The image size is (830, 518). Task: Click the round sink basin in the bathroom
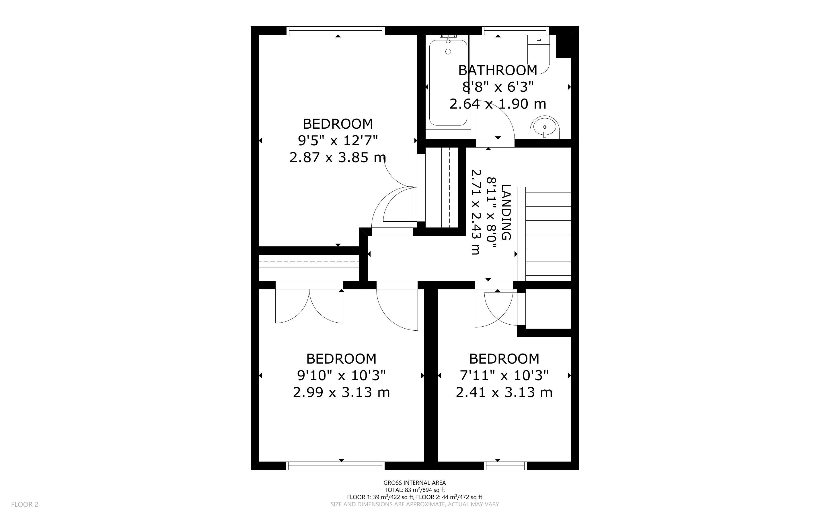point(544,127)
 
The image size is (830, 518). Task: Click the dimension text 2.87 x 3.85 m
point(338,158)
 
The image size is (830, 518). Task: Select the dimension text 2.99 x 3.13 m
point(342,392)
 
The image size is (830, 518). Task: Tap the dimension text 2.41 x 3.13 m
point(504,392)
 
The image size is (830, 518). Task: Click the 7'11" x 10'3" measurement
point(504,376)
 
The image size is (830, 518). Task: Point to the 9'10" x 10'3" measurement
point(342,376)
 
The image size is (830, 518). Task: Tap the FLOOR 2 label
point(25,504)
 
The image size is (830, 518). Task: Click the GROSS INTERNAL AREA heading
point(414,483)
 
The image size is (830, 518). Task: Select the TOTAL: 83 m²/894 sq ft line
point(414,490)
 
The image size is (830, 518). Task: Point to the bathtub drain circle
point(448,52)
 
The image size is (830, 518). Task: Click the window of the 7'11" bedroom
point(506,466)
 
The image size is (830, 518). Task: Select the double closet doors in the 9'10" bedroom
point(309,306)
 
